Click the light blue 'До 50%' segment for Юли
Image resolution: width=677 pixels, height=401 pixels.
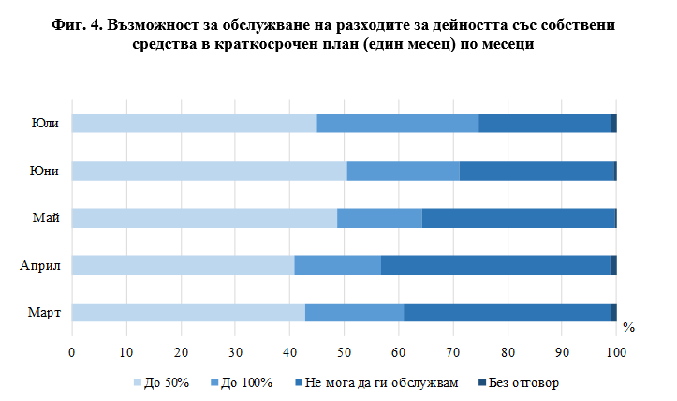pyautogui.click(x=194, y=124)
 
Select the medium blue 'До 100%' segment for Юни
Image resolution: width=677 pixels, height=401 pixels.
pyautogui.click(x=404, y=171)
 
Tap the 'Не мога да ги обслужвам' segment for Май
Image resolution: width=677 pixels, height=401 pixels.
pyautogui.click(x=519, y=218)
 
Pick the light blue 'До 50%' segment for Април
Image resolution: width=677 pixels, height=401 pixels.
pyautogui.click(x=183, y=265)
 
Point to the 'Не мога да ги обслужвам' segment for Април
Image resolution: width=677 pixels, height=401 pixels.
pyautogui.click(x=495, y=265)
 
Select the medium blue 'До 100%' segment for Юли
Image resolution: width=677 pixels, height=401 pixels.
pyautogui.click(x=398, y=124)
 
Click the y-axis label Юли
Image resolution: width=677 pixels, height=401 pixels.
pyautogui.click(x=48, y=124)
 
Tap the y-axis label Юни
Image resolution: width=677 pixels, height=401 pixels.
pyautogui.click(x=48, y=171)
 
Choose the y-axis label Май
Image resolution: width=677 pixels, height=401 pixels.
pyautogui.click(x=49, y=218)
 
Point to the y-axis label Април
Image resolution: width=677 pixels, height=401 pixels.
pyautogui.click(x=41, y=265)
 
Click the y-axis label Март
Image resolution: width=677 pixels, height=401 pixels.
pyautogui.click(x=45, y=312)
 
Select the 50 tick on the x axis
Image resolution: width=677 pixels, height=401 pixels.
pyautogui.click(x=344, y=352)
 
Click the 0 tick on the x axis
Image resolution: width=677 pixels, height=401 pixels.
pyautogui.click(x=72, y=352)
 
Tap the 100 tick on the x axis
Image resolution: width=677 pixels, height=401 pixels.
pyautogui.click(x=615, y=352)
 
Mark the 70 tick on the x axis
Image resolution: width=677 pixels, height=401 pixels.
pyautogui.click(x=453, y=352)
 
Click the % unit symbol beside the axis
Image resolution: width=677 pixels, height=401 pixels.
pyautogui.click(x=629, y=328)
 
